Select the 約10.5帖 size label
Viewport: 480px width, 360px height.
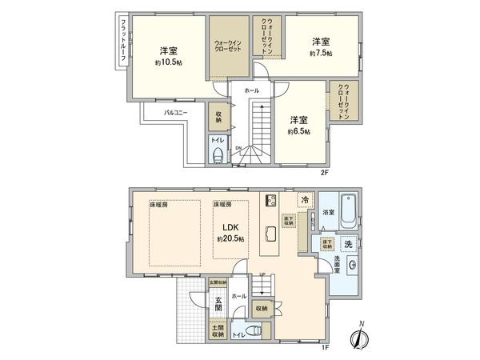(x=168, y=62)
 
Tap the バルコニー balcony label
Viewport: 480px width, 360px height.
(x=176, y=113)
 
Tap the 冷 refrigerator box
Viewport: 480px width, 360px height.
(x=304, y=199)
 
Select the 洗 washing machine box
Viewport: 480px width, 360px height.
(x=349, y=243)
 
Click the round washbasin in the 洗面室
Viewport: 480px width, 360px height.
(x=352, y=266)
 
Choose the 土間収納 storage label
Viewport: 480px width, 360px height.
(x=218, y=331)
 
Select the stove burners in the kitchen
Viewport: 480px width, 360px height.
(x=270, y=200)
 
